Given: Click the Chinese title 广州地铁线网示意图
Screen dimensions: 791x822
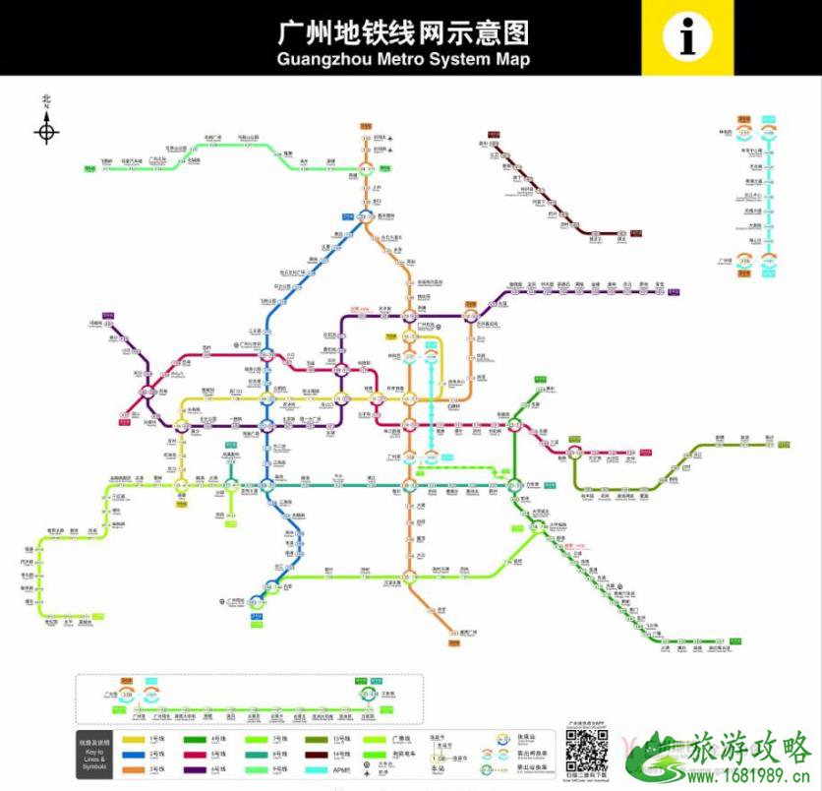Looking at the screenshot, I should tap(403, 33).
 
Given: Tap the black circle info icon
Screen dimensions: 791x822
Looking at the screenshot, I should tap(687, 37).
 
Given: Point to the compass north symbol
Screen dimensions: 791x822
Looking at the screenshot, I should tap(46, 130).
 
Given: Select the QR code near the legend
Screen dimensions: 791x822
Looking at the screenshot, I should tap(586, 753).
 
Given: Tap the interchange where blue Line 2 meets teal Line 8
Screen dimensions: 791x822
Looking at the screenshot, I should tap(266, 483).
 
